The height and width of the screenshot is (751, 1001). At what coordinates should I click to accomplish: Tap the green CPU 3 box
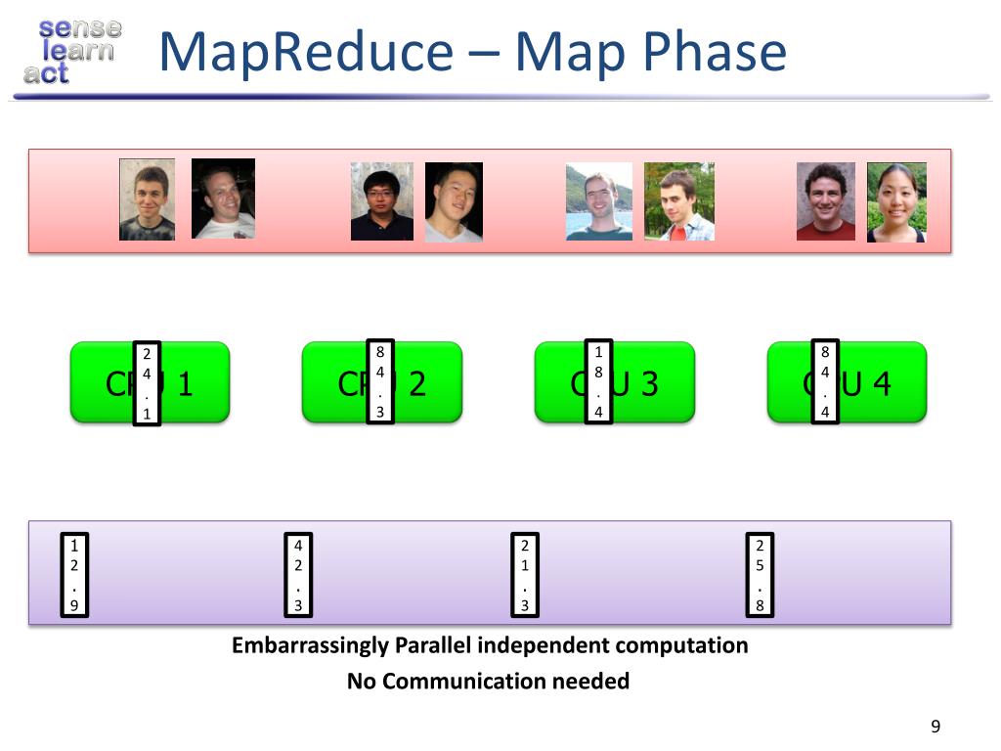coord(655,382)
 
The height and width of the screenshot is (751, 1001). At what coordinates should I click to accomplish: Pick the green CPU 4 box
coord(880,382)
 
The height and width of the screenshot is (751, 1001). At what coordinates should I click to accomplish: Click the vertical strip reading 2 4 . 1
coord(146,384)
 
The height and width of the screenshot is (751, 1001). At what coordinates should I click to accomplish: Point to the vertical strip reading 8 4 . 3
coord(381,382)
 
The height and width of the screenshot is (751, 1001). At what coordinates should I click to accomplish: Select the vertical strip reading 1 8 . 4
coord(599,382)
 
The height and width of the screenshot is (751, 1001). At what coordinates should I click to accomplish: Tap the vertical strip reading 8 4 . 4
coord(825,382)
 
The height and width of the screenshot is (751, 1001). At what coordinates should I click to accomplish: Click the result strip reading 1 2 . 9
coord(74,574)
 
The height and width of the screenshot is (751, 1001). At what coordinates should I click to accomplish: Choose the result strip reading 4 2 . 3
coord(298,574)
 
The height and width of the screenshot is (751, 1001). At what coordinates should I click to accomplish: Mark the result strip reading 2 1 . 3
coord(525,574)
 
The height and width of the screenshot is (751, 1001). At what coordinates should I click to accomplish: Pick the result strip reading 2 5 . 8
coord(760,574)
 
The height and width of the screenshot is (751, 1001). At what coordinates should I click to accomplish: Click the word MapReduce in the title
coord(304,52)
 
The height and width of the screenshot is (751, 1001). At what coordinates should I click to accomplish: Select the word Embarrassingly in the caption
coord(310,645)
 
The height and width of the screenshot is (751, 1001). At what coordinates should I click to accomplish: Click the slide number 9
coord(936,726)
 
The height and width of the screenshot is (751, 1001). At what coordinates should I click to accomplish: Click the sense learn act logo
coord(70,51)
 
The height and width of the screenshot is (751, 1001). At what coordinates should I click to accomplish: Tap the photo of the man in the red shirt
coord(825,201)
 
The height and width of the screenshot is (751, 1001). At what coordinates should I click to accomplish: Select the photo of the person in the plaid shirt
coord(679,201)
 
